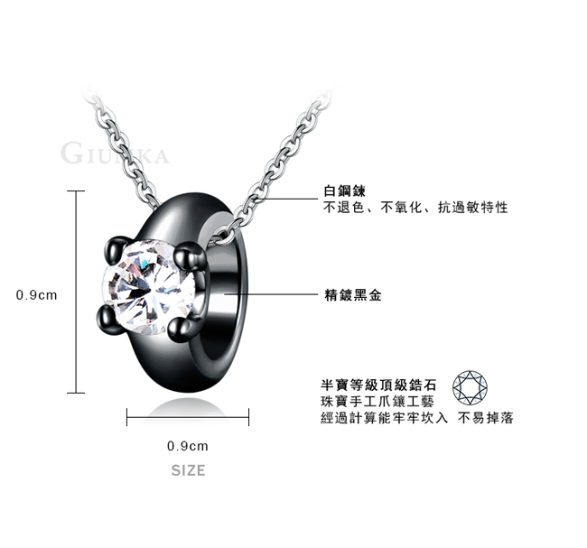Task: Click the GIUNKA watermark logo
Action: click(x=115, y=153)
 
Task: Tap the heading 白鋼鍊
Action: click(x=344, y=190)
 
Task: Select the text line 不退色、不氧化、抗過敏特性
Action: click(x=415, y=207)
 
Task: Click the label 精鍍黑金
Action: click(x=352, y=295)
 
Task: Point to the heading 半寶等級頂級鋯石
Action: click(x=378, y=385)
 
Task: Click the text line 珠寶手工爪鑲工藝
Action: click(x=377, y=401)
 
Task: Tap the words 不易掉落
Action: click(x=486, y=418)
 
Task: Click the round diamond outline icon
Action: click(x=470, y=388)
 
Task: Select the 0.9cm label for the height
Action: click(x=37, y=295)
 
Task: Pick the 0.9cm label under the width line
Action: click(x=188, y=446)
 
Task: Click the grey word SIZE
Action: click(x=189, y=470)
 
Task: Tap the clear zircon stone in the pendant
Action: click(x=149, y=287)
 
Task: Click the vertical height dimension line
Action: click(x=76, y=292)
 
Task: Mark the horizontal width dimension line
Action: click(x=188, y=417)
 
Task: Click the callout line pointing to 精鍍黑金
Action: click(x=271, y=294)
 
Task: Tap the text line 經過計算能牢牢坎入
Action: click(x=384, y=418)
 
